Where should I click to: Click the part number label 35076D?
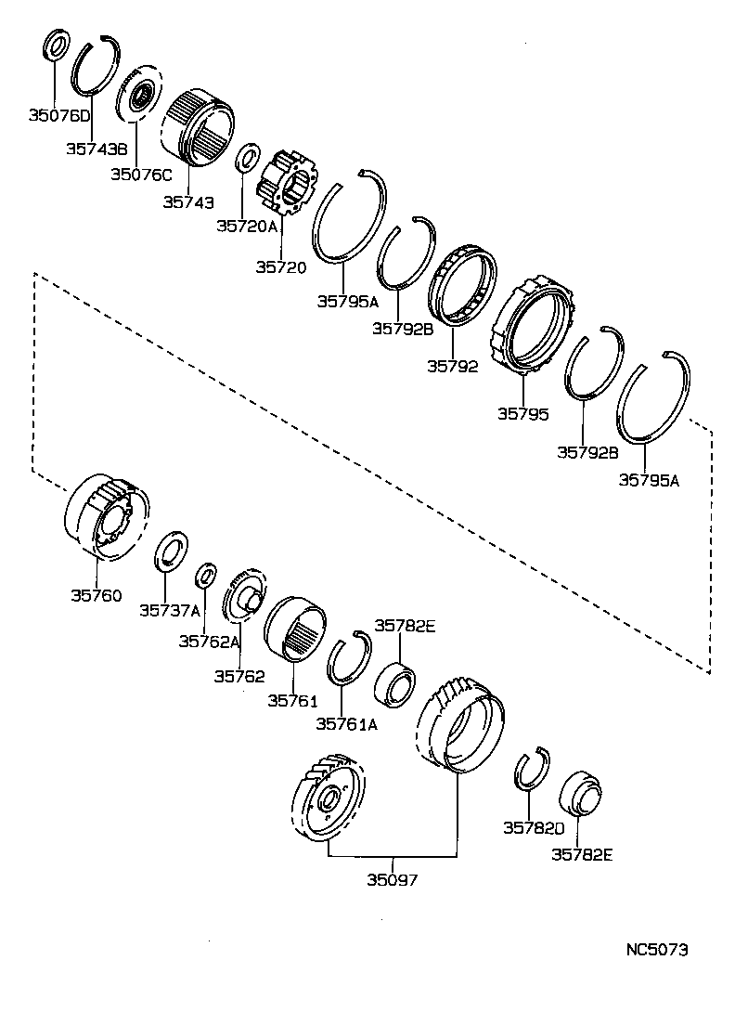click(58, 116)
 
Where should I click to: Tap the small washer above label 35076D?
click(56, 45)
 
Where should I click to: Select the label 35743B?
click(97, 148)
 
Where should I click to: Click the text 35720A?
click(247, 226)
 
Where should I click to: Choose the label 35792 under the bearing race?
click(452, 366)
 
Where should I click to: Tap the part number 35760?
click(96, 595)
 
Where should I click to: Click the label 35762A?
click(209, 641)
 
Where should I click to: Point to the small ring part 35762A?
click(207, 576)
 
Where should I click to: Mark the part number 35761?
click(292, 700)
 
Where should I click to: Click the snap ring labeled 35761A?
click(347, 657)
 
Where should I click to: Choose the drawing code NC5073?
click(657, 950)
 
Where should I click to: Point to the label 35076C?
click(141, 174)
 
